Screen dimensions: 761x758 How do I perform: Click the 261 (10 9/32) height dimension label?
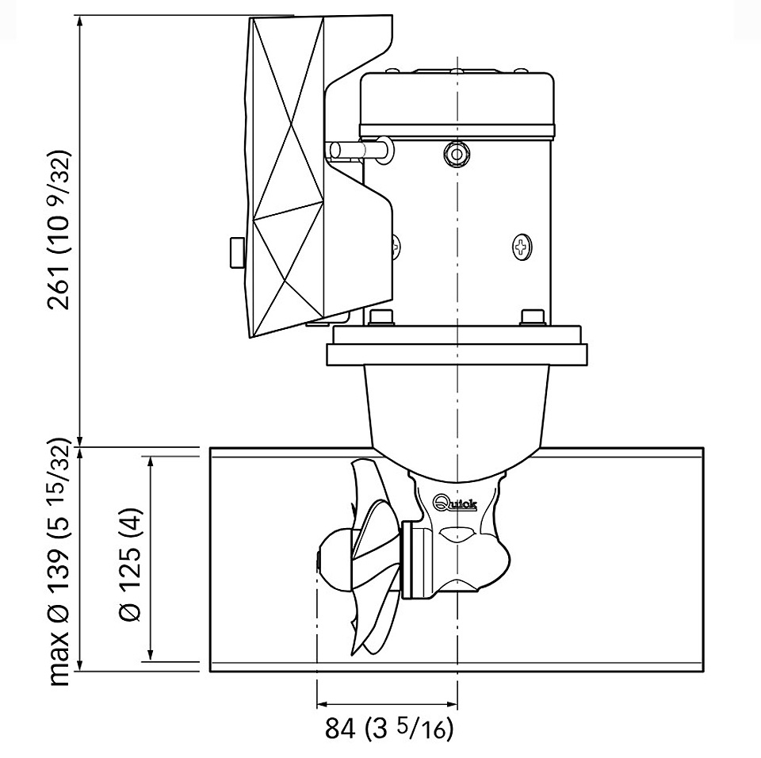(x=59, y=230)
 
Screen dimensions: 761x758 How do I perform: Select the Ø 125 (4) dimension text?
(x=130, y=565)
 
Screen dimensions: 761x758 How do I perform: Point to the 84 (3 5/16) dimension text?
(x=388, y=729)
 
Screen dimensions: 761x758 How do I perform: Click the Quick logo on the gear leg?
(x=455, y=503)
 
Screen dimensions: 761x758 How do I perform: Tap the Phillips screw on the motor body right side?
(x=522, y=248)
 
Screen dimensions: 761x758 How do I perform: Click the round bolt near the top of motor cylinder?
(x=457, y=155)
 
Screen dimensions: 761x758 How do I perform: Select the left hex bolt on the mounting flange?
(x=381, y=318)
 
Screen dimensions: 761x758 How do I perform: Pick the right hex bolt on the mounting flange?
(x=533, y=318)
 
